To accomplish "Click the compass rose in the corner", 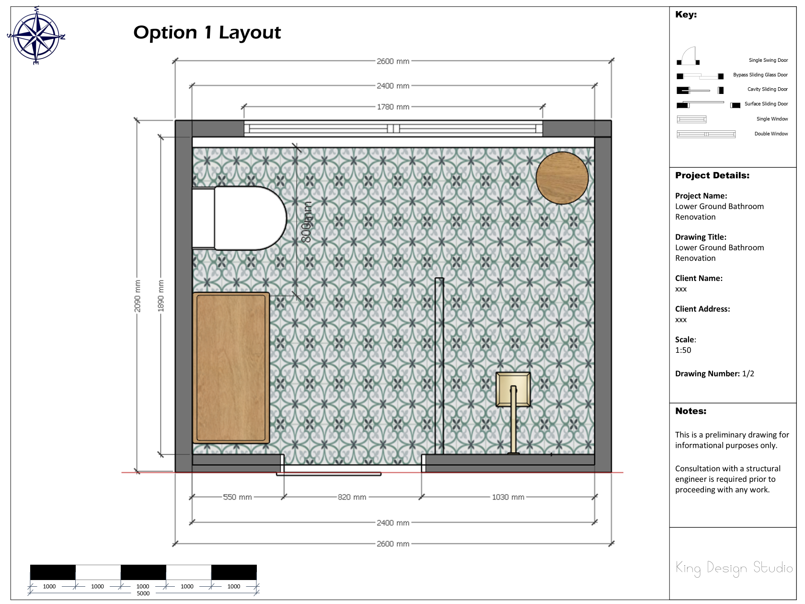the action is tap(36, 35).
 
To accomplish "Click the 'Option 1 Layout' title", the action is tap(207, 32).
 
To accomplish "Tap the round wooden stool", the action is tap(562, 178).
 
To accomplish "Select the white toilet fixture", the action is tap(239, 218).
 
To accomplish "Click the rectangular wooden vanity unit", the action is tap(231, 368).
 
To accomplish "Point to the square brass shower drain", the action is tap(513, 389).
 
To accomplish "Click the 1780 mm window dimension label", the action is tap(393, 107).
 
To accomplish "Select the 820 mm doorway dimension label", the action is tap(352, 497).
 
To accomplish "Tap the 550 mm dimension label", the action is tap(237, 497).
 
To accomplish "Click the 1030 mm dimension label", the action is tap(508, 497).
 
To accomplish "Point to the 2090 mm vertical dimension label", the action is tap(137, 296).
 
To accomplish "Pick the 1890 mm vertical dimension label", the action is tap(161, 296).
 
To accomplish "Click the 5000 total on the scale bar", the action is tap(143, 593).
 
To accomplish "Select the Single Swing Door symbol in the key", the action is tap(688, 56).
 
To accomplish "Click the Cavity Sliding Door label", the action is tap(767, 89).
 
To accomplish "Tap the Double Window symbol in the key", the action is tap(706, 134).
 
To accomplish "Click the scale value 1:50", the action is tap(683, 350).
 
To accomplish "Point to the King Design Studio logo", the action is tap(734, 568).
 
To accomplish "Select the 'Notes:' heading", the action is tap(690, 411).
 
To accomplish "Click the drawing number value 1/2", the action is tap(748, 373).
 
